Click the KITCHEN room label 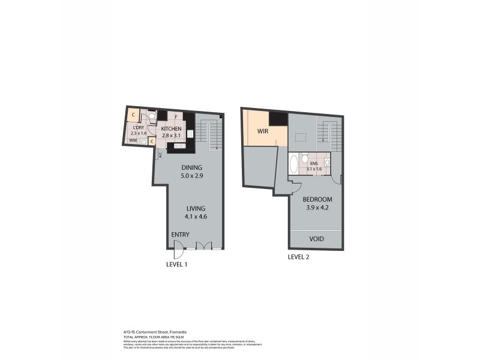click(x=171, y=129)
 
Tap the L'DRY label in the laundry click(x=137, y=127)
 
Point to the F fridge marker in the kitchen click(x=176, y=117)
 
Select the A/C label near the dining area click(x=160, y=154)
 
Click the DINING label click(x=193, y=167)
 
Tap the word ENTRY click(x=180, y=235)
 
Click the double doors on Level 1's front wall click(x=205, y=245)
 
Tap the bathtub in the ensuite click(x=293, y=164)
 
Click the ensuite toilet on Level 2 click(x=305, y=159)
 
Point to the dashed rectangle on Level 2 click(x=299, y=137)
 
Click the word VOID click(x=316, y=239)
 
